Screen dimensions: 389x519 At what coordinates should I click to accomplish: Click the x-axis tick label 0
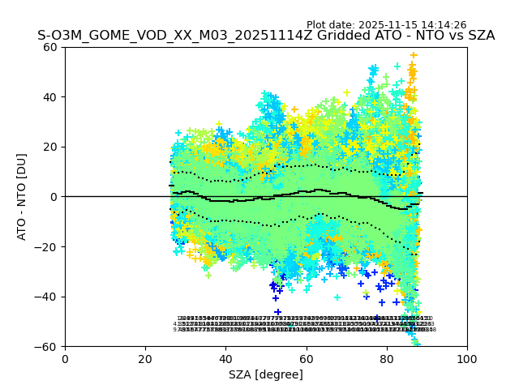click(65, 358)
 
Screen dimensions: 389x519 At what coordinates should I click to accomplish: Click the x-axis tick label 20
click(145, 358)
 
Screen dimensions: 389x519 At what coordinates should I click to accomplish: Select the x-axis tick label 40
click(225, 358)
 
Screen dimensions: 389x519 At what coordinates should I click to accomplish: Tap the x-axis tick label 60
click(306, 358)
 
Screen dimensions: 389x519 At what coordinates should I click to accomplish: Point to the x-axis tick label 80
click(387, 358)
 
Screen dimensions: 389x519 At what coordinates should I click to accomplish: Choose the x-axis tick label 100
click(467, 358)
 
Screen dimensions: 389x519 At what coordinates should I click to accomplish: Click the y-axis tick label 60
click(49, 47)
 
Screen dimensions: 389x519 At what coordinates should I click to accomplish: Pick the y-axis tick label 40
click(49, 97)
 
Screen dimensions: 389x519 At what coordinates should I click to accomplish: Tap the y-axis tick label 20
click(49, 147)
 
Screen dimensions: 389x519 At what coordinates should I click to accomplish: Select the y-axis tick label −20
click(46, 246)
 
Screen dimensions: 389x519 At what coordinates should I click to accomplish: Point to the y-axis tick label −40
click(46, 297)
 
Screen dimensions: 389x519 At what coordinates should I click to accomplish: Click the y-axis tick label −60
click(46, 346)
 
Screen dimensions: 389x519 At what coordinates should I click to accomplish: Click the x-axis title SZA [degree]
click(266, 374)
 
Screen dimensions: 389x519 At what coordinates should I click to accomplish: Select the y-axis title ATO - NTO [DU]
click(23, 197)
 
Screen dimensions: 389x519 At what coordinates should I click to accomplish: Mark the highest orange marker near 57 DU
click(414, 56)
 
